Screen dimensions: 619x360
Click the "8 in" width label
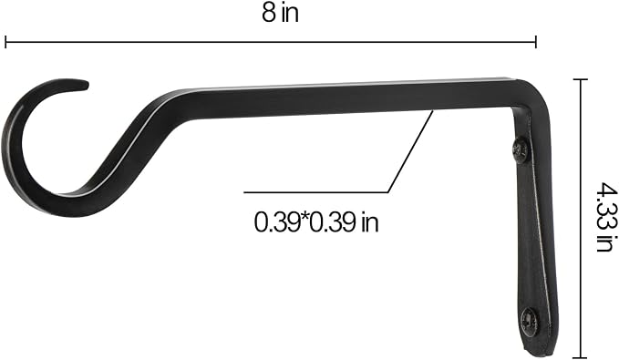tap(280, 13)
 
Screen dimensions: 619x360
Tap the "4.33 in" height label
tap(605, 216)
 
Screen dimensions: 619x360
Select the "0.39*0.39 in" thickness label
tap(316, 221)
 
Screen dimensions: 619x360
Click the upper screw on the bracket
tap(521, 149)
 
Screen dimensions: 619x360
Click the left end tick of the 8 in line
tap(5, 42)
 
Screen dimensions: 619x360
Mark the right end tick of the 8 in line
tap(536, 42)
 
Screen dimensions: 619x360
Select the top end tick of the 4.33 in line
tap(580, 79)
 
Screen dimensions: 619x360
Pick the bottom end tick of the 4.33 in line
tap(580, 356)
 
